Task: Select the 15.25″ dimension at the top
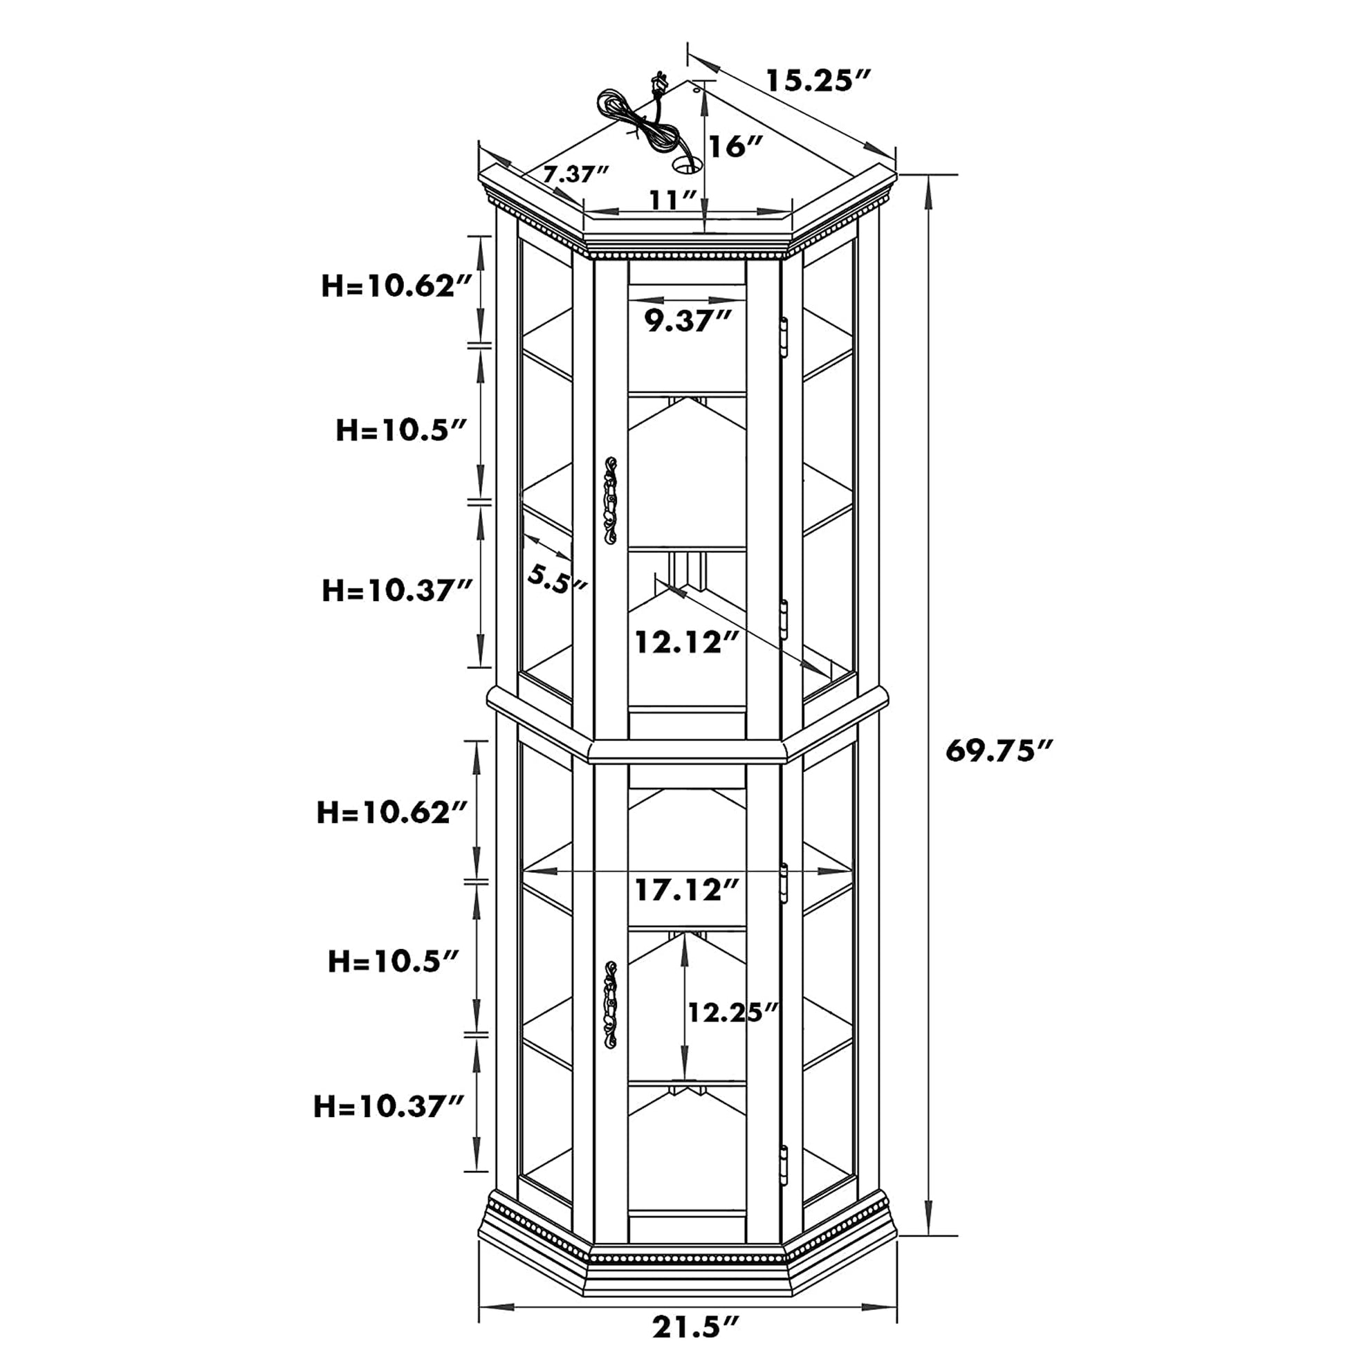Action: point(819,80)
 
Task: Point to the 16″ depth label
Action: point(736,147)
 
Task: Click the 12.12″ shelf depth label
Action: point(686,642)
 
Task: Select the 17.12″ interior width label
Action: point(686,890)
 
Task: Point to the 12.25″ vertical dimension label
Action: point(732,1012)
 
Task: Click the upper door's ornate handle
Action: point(611,500)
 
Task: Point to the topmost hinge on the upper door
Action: point(784,338)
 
